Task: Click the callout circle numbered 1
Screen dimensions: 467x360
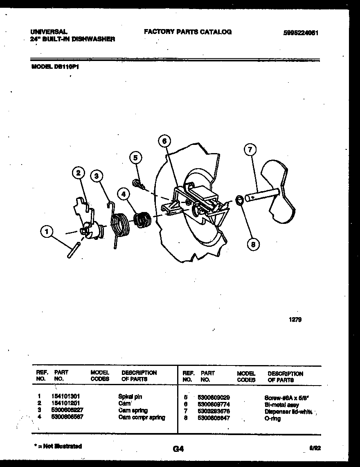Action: tap(47, 232)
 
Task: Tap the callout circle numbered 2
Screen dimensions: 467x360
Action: tap(78, 173)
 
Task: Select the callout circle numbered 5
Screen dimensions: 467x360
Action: tap(136, 158)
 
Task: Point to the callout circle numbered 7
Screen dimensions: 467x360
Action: tap(250, 150)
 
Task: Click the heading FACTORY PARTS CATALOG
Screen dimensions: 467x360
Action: tap(188, 32)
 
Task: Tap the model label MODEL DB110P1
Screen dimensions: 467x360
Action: tap(55, 69)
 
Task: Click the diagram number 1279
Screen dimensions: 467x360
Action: tap(295, 320)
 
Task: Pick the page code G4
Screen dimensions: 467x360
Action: tap(178, 449)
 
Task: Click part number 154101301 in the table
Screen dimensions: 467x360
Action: tap(67, 396)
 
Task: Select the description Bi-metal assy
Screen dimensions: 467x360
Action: tap(282, 405)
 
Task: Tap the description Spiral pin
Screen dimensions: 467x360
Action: tap(130, 396)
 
